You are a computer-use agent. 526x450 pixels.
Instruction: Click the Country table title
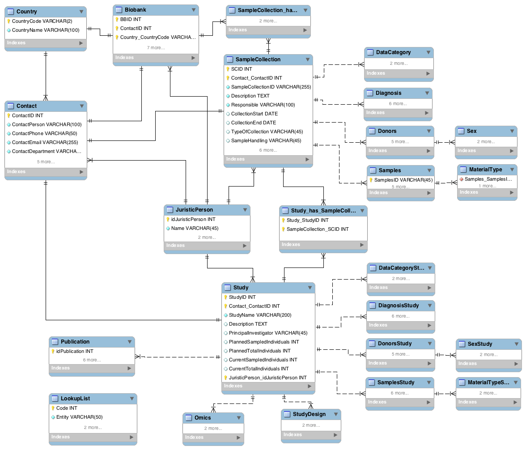click(26, 12)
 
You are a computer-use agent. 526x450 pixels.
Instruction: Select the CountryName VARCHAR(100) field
click(46, 30)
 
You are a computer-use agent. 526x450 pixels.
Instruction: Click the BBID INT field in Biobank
click(131, 20)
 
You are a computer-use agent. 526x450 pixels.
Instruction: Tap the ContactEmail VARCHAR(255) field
click(45, 142)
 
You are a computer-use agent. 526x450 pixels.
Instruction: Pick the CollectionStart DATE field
click(254, 114)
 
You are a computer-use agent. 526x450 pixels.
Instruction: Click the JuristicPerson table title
click(194, 210)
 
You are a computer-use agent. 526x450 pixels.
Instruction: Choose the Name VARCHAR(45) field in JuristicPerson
click(195, 228)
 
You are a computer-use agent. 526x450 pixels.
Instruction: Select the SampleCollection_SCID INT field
click(318, 229)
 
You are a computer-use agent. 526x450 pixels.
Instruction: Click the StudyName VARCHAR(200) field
click(260, 315)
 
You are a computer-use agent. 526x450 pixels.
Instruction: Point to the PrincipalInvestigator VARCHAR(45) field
click(268, 333)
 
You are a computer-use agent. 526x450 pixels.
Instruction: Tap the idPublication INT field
click(74, 351)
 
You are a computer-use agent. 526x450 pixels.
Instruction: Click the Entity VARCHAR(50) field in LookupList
click(79, 417)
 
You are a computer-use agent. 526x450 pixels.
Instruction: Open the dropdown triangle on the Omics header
click(239, 418)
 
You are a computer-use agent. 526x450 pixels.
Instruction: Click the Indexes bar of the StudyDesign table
click(311, 434)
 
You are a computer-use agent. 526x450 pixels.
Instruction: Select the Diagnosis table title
click(388, 93)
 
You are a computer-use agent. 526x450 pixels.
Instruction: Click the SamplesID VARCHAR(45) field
click(403, 180)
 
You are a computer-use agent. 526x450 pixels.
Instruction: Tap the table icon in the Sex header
click(461, 131)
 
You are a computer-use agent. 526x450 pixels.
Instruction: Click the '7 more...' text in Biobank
click(156, 48)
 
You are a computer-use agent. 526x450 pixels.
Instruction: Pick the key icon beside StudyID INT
click(226, 297)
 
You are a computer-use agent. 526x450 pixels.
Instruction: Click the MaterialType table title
click(485, 170)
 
